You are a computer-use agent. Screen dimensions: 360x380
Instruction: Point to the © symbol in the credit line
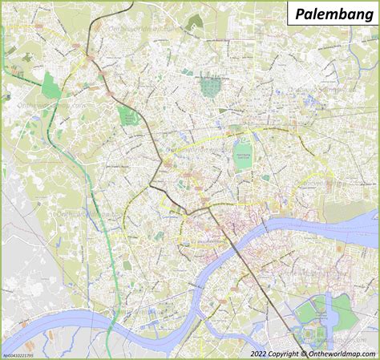point(302,353)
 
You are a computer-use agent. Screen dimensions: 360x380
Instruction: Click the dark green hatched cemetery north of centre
point(211,86)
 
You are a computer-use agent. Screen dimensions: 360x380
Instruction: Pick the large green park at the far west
point(51,85)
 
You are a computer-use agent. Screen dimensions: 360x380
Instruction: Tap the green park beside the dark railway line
point(128,115)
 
